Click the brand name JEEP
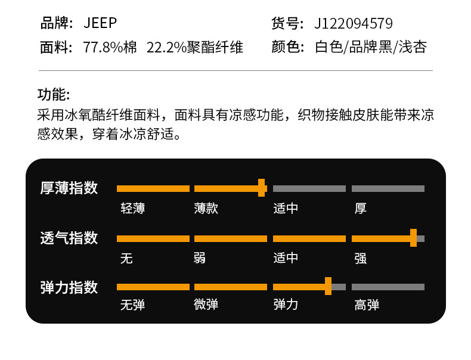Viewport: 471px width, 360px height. (x=100, y=23)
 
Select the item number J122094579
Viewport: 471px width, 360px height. (x=354, y=23)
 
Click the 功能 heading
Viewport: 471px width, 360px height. (x=54, y=95)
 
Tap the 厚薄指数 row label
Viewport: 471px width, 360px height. (x=69, y=188)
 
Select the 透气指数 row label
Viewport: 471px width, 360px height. (x=69, y=238)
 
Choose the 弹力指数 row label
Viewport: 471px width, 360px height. (x=69, y=287)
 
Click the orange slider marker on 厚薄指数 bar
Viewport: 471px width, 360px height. (x=261, y=188)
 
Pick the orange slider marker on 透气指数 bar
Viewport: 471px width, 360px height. (x=413, y=238)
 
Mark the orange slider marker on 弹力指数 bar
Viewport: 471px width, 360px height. (x=328, y=287)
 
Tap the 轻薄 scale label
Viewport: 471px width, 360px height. (x=132, y=208)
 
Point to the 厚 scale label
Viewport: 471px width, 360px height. (x=360, y=208)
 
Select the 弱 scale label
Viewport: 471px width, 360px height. (x=200, y=258)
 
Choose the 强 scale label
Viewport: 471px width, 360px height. (x=360, y=258)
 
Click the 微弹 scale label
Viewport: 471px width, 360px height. (x=206, y=305)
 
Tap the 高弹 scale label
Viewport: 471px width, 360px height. (x=367, y=305)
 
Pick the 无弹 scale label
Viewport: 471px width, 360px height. (x=132, y=305)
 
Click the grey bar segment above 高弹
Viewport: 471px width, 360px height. (x=388, y=287)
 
